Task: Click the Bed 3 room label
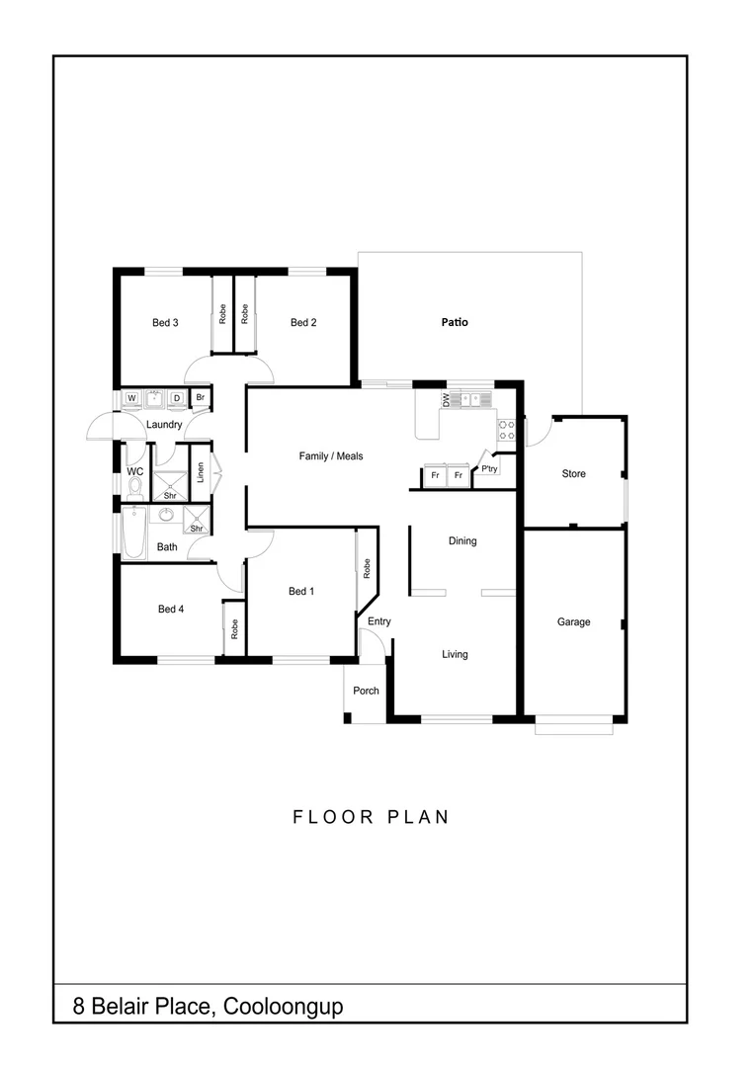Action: (165, 322)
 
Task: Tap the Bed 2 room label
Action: (303, 322)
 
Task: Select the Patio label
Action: (455, 322)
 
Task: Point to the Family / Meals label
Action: (331, 456)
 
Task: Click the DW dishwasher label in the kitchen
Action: (446, 400)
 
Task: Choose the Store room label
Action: (573, 474)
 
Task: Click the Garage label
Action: (573, 622)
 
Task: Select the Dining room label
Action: (462, 541)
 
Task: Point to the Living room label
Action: (455, 654)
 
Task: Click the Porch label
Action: (366, 691)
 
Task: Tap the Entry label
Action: (379, 621)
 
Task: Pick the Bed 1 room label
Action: (300, 592)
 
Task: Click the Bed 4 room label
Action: (171, 610)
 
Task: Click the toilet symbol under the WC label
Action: (135, 486)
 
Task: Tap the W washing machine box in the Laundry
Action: (131, 399)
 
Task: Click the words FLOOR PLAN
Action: (371, 817)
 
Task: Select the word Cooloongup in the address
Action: (284, 1008)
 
